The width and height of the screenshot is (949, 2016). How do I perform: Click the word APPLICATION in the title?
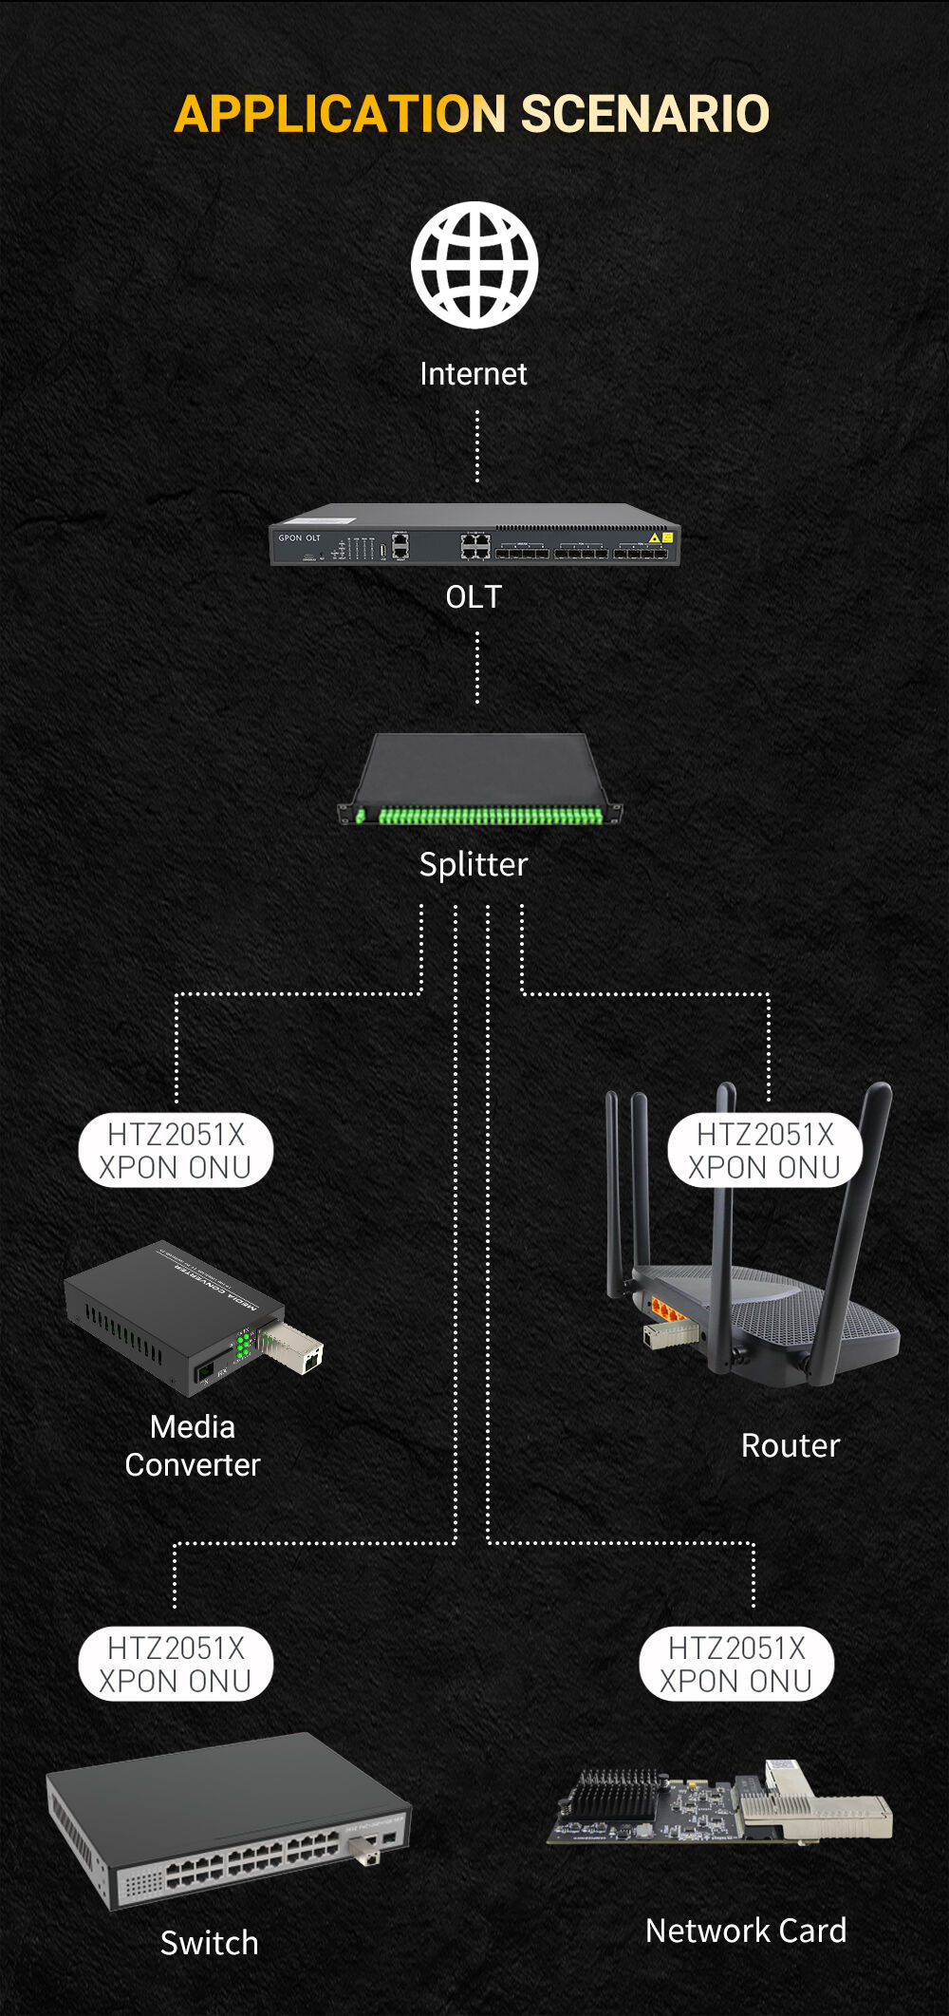(340, 114)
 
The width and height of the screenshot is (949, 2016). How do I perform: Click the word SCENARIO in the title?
(644, 114)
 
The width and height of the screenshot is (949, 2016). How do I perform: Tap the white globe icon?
(474, 265)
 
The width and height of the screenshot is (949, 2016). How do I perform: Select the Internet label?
(473, 374)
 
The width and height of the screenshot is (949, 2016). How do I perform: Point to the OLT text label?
(474, 597)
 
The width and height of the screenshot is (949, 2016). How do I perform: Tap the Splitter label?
(473, 864)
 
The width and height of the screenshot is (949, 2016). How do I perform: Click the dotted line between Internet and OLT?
(476, 446)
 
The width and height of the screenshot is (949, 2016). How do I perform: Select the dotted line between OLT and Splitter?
(476, 668)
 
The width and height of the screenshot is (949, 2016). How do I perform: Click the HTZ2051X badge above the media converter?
(176, 1150)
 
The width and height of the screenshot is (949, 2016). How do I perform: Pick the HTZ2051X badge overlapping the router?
(765, 1150)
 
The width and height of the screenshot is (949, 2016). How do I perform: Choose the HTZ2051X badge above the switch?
(176, 1664)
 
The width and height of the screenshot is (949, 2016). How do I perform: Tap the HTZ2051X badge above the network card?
(736, 1664)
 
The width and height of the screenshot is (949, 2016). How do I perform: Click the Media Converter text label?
(193, 1445)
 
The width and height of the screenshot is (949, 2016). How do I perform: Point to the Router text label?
(790, 1445)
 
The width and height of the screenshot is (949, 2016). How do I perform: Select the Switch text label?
(209, 1943)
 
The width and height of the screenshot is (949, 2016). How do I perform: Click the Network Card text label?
(746, 1931)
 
